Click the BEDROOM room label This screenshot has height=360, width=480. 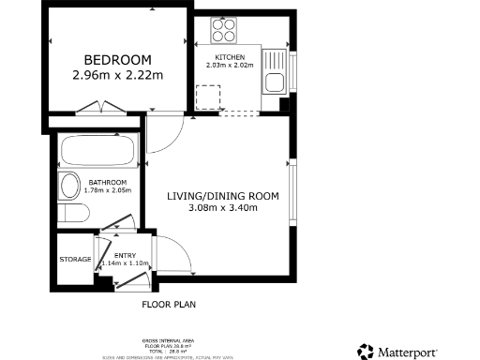117,55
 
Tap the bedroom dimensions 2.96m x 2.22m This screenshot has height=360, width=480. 117,74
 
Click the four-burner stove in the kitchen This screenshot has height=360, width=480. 225,33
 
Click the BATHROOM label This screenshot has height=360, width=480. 108,182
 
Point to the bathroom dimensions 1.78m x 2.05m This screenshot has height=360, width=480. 108,190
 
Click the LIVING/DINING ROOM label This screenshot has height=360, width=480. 223,196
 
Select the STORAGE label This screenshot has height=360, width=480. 75,259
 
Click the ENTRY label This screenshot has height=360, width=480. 124,255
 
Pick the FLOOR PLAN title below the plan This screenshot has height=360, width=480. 169,305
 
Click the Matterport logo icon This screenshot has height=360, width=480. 366,352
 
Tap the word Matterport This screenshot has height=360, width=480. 407,352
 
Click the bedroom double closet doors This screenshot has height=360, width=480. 97,108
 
